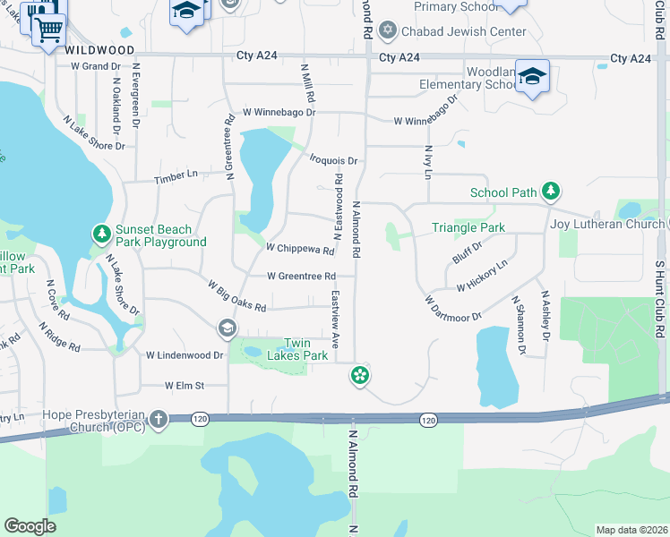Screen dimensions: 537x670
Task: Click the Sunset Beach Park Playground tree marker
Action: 103,234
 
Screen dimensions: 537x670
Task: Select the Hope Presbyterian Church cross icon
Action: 159,418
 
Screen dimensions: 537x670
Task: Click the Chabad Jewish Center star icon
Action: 387,31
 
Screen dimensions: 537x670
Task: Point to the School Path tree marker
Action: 553,191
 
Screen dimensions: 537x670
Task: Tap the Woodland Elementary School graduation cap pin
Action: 532,77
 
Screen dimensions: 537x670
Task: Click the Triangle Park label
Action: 468,228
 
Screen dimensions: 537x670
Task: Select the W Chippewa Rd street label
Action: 299,248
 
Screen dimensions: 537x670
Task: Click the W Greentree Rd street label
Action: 301,276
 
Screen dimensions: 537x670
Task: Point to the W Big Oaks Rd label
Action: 236,296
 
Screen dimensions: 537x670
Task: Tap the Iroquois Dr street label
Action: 333,161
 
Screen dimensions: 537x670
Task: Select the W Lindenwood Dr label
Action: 185,355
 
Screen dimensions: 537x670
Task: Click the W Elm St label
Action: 185,386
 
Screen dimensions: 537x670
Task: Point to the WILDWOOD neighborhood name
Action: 100,51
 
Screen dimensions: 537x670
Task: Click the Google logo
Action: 30,526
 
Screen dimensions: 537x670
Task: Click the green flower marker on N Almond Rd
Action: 360,377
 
